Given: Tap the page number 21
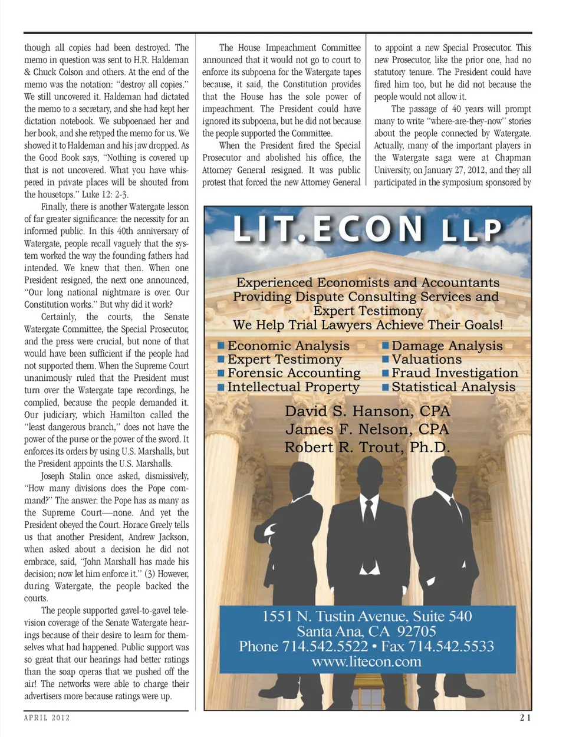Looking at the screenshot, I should pyautogui.click(x=525, y=718).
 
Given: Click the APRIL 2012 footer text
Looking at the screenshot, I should pyautogui.click(x=47, y=718).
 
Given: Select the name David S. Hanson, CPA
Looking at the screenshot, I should pyautogui.click(x=367, y=411).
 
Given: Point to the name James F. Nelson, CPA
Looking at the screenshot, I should pyautogui.click(x=367, y=429).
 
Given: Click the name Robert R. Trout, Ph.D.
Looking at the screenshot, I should pyautogui.click(x=367, y=448).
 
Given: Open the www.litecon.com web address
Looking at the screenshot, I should pyautogui.click(x=367, y=662).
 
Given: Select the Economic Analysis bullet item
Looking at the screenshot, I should pyautogui.click(x=288, y=346).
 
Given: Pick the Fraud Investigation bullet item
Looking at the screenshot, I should pyautogui.click(x=455, y=373).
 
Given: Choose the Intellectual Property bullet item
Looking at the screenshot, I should pyautogui.click(x=293, y=387).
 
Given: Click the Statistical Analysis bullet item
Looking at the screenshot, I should pyautogui.click(x=453, y=387).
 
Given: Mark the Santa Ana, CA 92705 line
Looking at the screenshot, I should pyautogui.click(x=367, y=631).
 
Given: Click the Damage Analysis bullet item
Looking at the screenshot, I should pyautogui.click(x=447, y=346).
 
